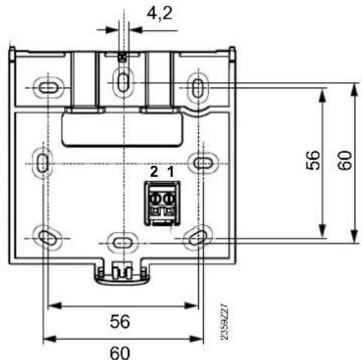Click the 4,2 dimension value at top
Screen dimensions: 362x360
click(160, 14)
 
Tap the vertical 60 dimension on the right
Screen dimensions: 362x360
click(345, 160)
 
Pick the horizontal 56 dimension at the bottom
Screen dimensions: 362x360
click(120, 321)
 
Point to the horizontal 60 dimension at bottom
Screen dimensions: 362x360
click(120, 352)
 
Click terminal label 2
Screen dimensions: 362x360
click(154, 172)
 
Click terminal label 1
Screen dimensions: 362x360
click(171, 172)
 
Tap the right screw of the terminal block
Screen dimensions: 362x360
click(169, 200)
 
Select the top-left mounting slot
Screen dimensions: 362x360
click(48, 88)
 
